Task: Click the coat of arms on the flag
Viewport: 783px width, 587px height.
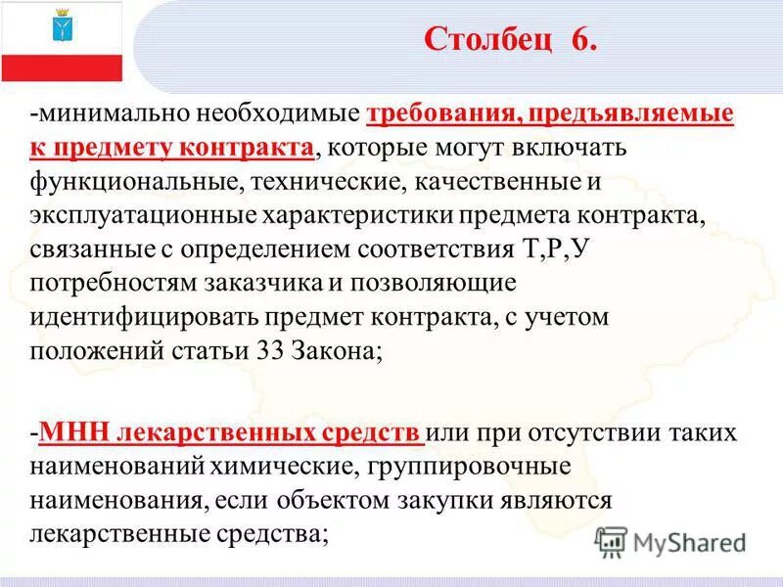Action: tap(63, 27)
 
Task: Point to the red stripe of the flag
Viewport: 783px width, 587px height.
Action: tap(63, 68)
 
